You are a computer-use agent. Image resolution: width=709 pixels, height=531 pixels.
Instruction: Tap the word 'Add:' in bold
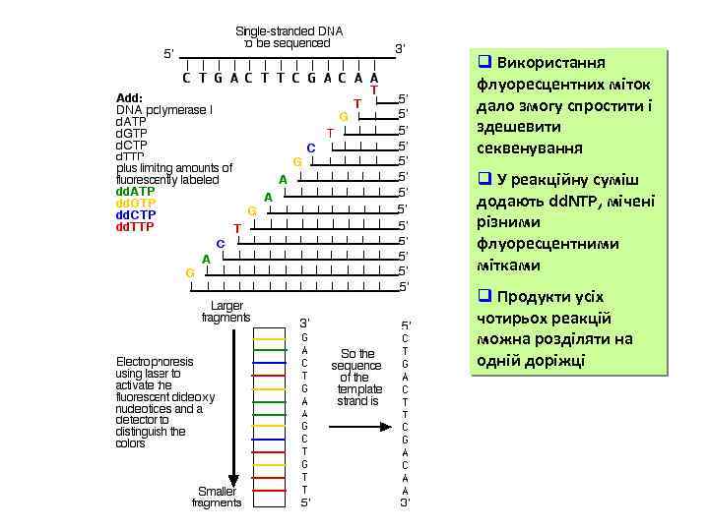tap(130, 97)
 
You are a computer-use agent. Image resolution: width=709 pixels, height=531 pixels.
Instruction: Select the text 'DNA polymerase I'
tap(163, 109)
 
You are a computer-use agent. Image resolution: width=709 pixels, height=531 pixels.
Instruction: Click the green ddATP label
tap(135, 190)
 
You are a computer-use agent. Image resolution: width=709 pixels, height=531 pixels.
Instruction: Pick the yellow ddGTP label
tap(135, 203)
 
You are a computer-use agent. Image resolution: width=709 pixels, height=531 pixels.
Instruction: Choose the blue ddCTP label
tap(135, 214)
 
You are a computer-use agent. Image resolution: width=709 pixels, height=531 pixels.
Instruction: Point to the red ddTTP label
tap(135, 227)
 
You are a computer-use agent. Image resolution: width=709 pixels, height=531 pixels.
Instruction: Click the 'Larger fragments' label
tap(226, 312)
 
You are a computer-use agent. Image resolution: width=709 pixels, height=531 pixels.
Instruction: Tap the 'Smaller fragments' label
tap(217, 497)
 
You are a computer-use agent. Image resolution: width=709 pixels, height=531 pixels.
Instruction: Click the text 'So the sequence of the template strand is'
tap(358, 378)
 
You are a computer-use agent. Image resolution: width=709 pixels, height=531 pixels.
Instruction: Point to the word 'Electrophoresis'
tap(155, 361)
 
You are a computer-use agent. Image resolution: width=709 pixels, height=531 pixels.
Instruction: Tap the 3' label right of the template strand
tap(400, 48)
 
